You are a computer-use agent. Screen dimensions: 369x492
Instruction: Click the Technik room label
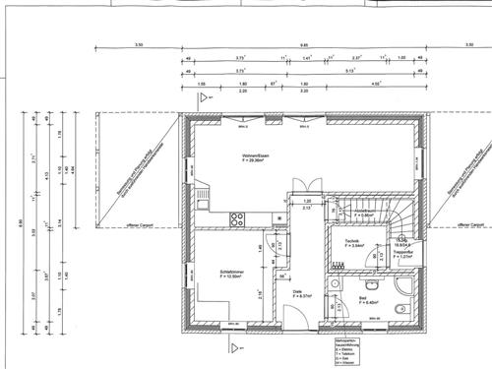(x=351, y=243)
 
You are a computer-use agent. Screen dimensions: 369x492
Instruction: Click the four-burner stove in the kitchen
(x=236, y=219)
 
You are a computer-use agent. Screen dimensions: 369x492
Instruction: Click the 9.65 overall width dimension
(x=305, y=44)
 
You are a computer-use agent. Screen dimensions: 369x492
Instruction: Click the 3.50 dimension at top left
(x=139, y=44)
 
